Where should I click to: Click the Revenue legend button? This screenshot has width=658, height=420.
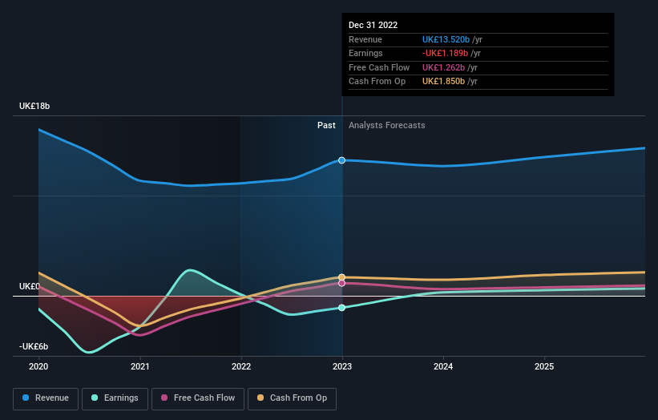click(x=46, y=398)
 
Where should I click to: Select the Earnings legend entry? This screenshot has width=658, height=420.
click(x=115, y=398)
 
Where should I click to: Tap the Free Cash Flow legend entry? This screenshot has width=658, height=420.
click(x=197, y=398)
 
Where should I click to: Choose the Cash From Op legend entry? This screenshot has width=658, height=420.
click(x=293, y=398)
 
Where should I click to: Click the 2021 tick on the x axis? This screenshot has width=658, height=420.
click(x=140, y=365)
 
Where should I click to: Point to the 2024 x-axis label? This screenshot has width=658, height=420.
click(x=443, y=365)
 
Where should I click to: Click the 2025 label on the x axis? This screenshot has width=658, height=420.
click(x=544, y=365)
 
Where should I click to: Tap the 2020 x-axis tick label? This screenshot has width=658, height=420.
click(x=38, y=365)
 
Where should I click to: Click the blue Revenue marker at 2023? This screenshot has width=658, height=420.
click(x=342, y=160)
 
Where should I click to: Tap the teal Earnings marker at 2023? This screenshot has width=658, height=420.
click(x=342, y=308)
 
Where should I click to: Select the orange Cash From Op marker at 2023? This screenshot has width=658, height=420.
click(x=342, y=277)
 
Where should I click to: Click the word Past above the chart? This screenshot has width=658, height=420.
click(x=326, y=125)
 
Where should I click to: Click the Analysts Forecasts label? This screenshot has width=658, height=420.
click(x=387, y=125)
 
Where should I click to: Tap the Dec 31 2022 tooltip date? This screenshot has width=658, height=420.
click(x=373, y=26)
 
